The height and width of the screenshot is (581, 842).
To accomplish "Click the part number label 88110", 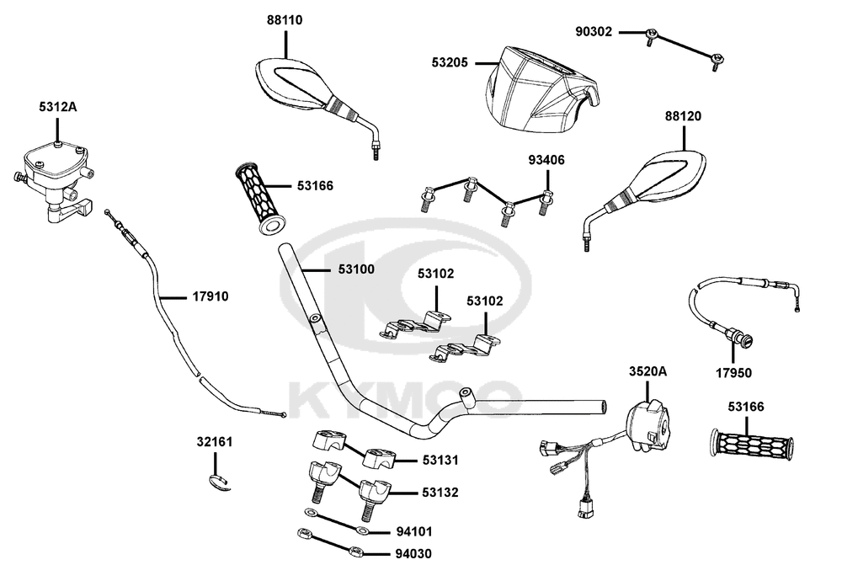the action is (285, 20).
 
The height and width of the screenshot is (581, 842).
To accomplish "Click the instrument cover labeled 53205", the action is (541, 89).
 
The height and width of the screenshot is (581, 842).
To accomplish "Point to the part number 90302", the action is (594, 32).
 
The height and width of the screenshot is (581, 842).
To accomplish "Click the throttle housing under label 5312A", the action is (54, 180).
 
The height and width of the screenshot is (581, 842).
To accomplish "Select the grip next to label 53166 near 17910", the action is (261, 198).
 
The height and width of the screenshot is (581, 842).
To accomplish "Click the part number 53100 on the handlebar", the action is (356, 269).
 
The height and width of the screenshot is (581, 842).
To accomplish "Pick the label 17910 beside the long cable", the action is (210, 296).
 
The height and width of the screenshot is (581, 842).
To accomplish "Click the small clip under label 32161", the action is (220, 482).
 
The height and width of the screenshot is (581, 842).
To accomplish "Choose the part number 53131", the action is (440, 461).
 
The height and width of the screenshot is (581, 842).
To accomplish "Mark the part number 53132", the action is (440, 493).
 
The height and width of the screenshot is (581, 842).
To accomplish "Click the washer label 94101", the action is (414, 531).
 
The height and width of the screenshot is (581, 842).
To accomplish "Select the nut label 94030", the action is (413, 553).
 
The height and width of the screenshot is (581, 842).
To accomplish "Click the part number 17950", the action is (733, 373).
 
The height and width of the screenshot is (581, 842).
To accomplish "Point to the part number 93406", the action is (546, 160).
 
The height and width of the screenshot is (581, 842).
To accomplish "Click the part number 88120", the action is (683, 116).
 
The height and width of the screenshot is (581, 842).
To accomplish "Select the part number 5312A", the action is (57, 107).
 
